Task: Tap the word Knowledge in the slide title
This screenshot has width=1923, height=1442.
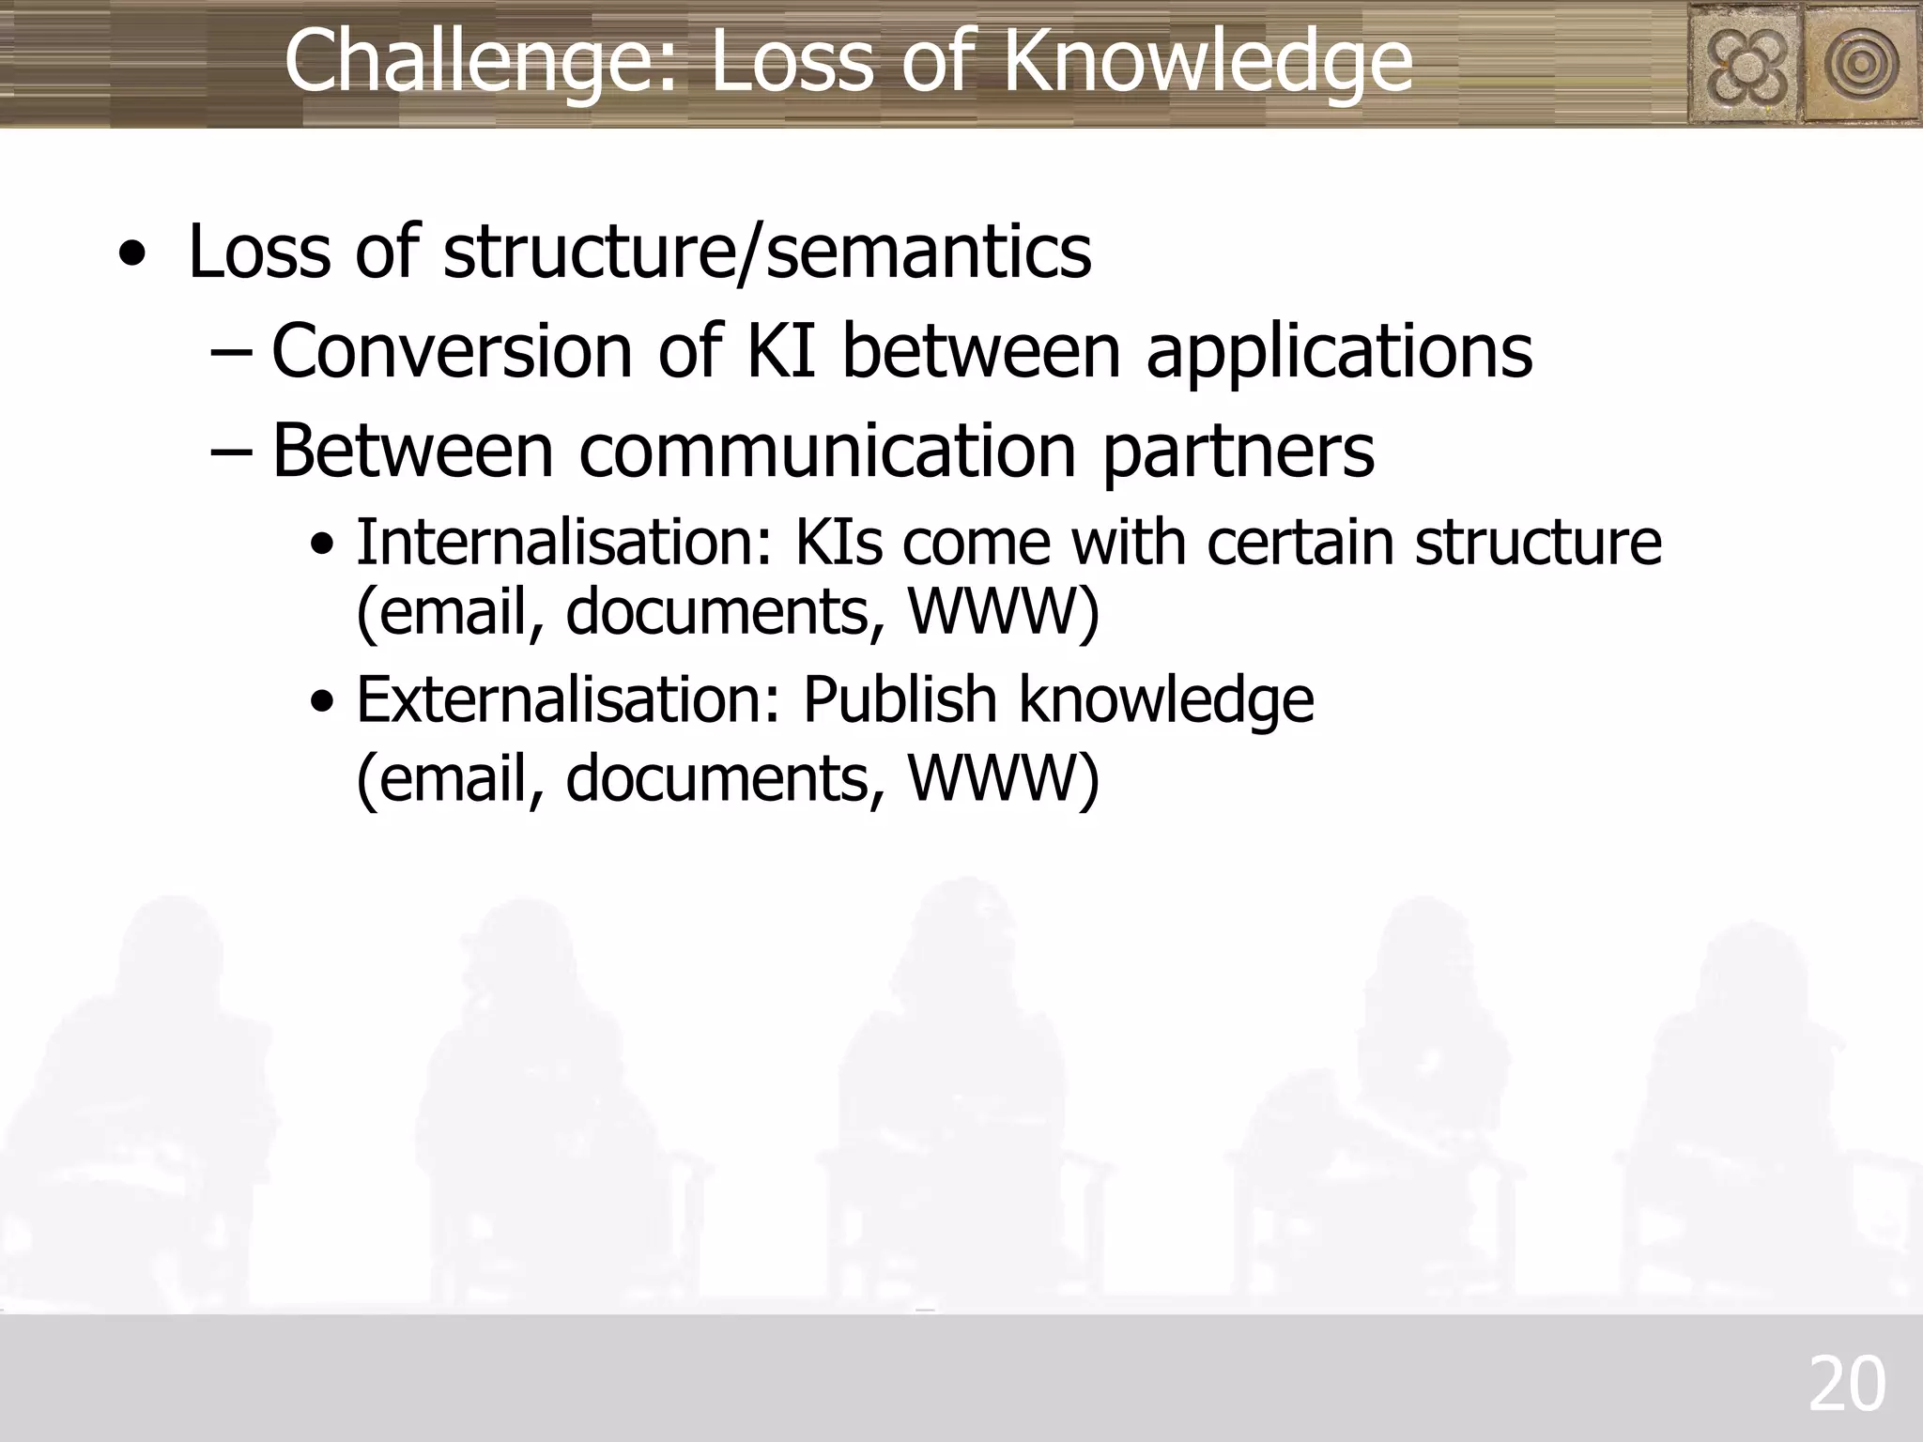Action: point(1208,62)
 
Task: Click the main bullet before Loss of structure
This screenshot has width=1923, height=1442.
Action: point(133,255)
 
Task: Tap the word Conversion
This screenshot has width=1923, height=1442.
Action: point(452,351)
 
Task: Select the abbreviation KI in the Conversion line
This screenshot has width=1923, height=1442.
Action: point(780,351)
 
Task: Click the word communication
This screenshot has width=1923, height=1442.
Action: point(826,452)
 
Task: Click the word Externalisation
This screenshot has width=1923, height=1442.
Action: point(568,700)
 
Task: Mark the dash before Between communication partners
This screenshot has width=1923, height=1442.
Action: point(231,452)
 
